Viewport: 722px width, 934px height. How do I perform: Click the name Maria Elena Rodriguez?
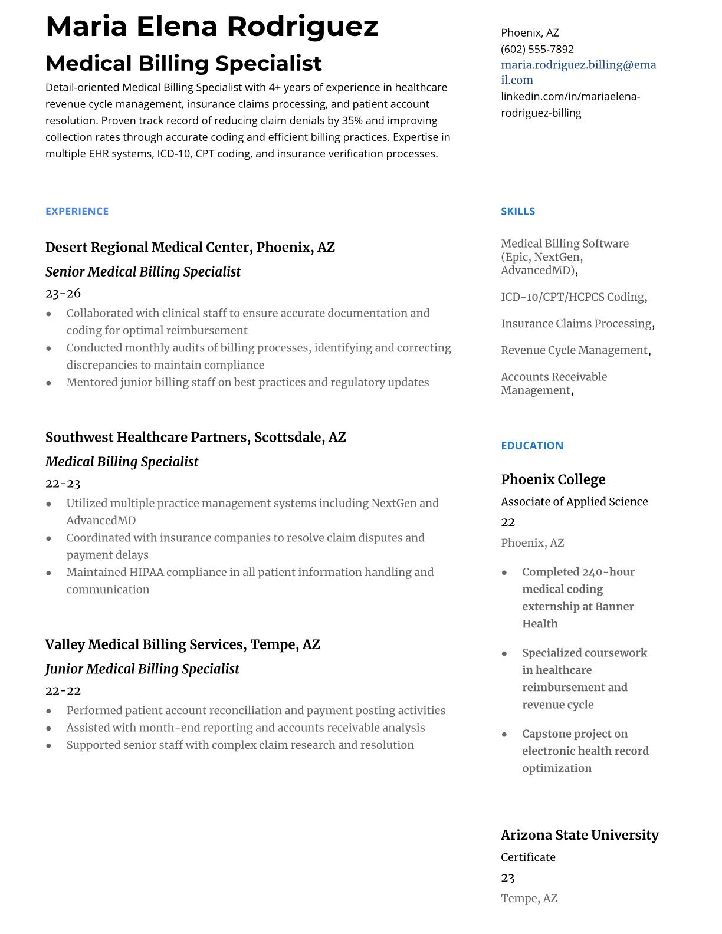pyautogui.click(x=212, y=27)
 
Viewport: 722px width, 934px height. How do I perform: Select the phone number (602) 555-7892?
pyautogui.click(x=537, y=50)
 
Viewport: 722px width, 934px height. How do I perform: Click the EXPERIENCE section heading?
pyautogui.click(x=77, y=211)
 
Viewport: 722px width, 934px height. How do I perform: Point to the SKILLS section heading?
pyautogui.click(x=517, y=211)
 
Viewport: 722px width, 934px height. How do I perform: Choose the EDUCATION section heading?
pyautogui.click(x=531, y=446)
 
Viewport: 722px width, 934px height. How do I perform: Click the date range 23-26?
pyautogui.click(x=63, y=293)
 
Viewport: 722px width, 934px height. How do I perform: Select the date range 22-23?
pyautogui.click(x=63, y=484)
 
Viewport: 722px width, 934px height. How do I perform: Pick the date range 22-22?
pyautogui.click(x=63, y=690)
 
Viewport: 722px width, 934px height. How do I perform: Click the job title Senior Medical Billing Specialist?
pyautogui.click(x=143, y=272)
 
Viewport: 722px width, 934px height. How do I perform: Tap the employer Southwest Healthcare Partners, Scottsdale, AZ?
pyautogui.click(x=195, y=438)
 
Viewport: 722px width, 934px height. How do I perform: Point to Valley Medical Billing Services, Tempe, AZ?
pyautogui.click(x=182, y=644)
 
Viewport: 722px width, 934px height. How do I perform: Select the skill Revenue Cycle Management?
pyautogui.click(x=574, y=350)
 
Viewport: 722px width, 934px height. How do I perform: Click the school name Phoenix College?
pyautogui.click(x=553, y=479)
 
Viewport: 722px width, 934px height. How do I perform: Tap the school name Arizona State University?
pyautogui.click(x=579, y=835)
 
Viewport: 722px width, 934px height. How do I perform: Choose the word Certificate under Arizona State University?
pyautogui.click(x=528, y=857)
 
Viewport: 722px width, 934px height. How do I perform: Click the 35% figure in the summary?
pyautogui.click(x=352, y=121)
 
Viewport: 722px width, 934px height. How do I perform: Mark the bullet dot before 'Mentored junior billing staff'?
pyautogui.click(x=49, y=383)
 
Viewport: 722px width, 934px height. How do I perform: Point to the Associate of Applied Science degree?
pyautogui.click(x=574, y=502)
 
